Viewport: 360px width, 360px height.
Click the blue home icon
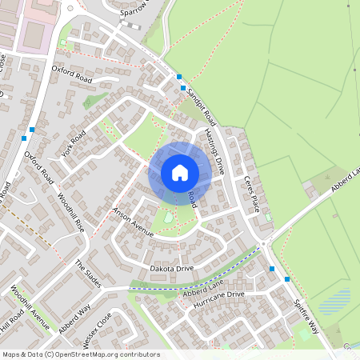pyautogui.click(x=180, y=172)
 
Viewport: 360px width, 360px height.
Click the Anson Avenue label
pyautogui.click(x=132, y=222)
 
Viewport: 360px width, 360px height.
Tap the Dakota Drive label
pyautogui.click(x=172, y=268)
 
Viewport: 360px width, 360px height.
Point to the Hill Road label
pyautogui.click(x=12, y=323)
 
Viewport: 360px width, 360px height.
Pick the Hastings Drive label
pyautogui.click(x=214, y=151)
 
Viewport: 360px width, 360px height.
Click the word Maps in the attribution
pyautogui.click(x=11, y=354)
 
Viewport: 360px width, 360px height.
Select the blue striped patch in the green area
pyautogui.click(x=334, y=302)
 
